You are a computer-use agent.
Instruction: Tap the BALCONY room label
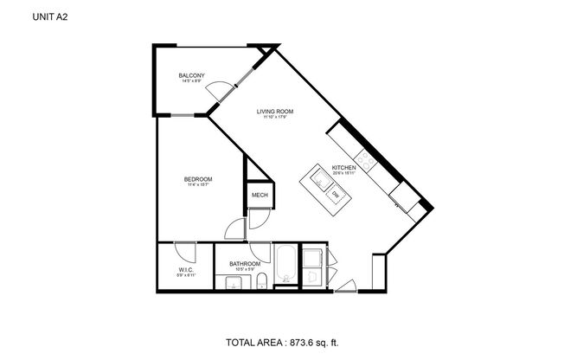[191, 76]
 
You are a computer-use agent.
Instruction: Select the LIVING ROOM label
[276, 112]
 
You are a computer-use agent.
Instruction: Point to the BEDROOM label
[197, 179]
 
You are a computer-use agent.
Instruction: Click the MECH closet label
[260, 196]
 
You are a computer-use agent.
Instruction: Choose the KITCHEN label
[344, 167]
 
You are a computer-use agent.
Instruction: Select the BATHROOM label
[245, 263]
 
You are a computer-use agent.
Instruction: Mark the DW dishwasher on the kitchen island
[336, 195]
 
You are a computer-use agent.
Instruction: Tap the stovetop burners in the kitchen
[367, 159]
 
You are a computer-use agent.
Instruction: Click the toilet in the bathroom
[261, 279]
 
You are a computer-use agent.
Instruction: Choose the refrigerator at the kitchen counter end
[404, 198]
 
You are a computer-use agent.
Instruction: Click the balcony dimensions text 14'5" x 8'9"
[191, 82]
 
